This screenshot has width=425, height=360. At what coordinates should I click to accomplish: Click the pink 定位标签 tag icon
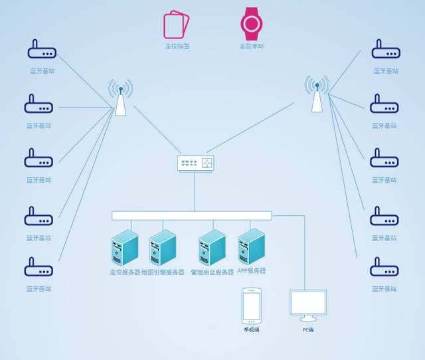pos(177,25)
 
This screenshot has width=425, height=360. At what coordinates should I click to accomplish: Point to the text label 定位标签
pos(177,46)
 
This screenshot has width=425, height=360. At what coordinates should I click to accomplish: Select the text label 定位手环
pos(252,46)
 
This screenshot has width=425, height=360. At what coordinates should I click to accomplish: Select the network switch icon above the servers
pos(195,163)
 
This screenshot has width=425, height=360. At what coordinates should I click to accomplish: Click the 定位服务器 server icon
pos(125,247)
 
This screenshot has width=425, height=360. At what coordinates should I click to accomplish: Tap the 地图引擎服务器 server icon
pos(163,247)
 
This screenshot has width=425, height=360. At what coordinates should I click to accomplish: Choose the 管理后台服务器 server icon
pos(212,247)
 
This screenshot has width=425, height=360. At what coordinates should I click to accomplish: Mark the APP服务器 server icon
pos(252,246)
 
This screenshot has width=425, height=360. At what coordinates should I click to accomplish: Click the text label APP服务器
pos(252,271)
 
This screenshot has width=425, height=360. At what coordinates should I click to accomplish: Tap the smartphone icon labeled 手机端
pos(252,305)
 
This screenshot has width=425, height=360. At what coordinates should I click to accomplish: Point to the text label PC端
pos(308,329)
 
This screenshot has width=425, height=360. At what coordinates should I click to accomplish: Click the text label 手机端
pos(252,329)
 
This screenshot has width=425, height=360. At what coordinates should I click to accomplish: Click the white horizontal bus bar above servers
pos(191,215)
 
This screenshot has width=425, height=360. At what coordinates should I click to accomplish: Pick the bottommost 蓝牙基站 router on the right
pos(384,267)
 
